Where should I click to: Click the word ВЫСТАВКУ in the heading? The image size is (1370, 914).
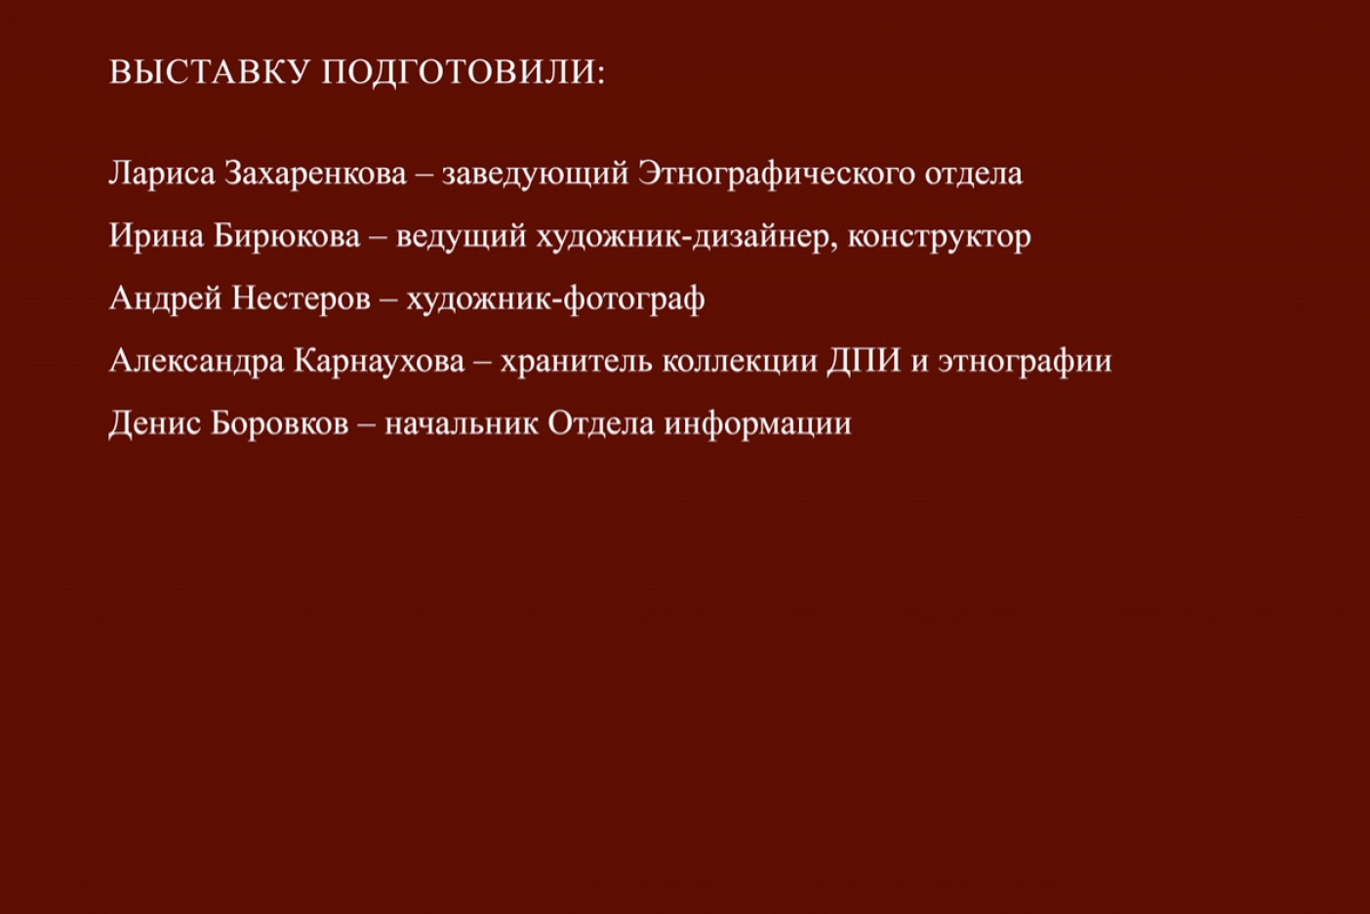pos(209,71)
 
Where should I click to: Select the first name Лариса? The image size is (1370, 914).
pos(162,174)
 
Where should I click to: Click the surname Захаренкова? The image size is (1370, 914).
pos(315,174)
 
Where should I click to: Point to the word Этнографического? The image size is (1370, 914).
pos(776,174)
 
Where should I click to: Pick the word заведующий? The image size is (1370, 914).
pos(535,174)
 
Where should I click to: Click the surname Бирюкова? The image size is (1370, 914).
pos(287,236)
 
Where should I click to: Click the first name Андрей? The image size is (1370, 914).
pos(165,298)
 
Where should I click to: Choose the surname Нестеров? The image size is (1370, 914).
pos(301,298)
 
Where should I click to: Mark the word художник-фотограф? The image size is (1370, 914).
pos(555,298)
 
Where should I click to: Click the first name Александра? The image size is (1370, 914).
pos(197,361)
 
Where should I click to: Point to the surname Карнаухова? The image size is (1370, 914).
pos(380,361)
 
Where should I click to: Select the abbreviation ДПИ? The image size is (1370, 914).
pos(865,361)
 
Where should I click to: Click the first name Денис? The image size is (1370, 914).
pos(155,423)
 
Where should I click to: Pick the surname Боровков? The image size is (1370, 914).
pos(280,422)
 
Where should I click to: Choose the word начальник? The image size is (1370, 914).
pos(462,423)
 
